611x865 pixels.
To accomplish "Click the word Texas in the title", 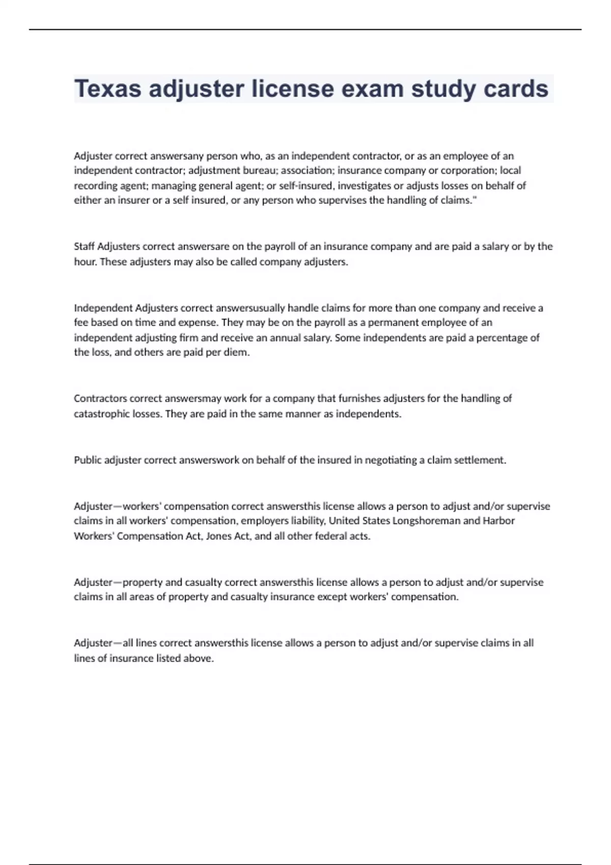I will (108, 89).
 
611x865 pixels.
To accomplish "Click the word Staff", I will (84, 247).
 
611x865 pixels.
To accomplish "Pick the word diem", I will (237, 353).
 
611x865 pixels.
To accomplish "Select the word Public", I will (88, 460).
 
